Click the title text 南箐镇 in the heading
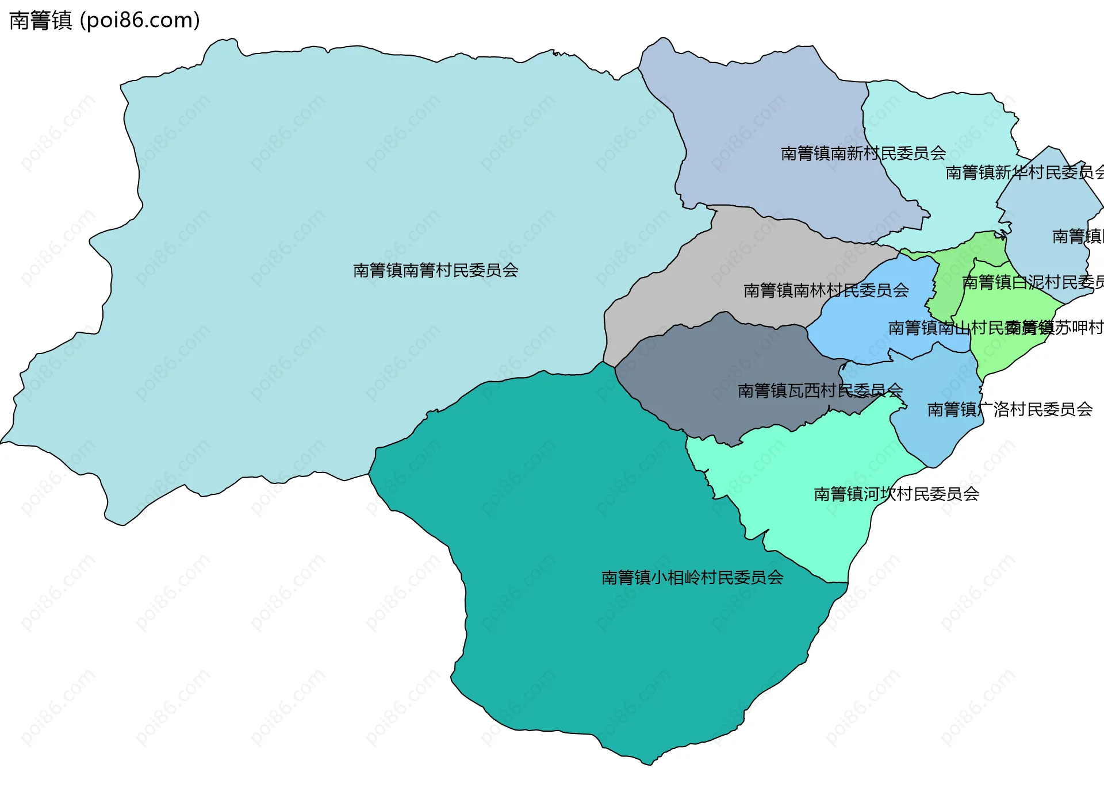pos(40,21)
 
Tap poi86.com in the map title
pos(140,21)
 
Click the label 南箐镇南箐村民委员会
pos(435,270)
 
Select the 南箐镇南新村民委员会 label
pos(863,153)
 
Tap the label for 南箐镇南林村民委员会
pos(826,290)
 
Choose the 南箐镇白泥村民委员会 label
pos(1033,282)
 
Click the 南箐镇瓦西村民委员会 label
pos(820,391)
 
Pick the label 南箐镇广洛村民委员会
pos(1010,409)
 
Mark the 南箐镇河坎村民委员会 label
pos(896,494)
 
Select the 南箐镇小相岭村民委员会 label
pos(692,577)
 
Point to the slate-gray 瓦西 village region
pos(719,356)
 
